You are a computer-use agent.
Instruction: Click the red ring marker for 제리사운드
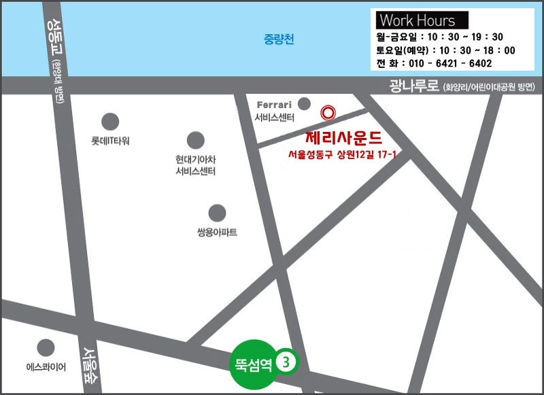(x=328, y=112)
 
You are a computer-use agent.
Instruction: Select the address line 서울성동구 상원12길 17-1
(x=342, y=156)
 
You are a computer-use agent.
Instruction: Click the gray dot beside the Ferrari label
(x=304, y=104)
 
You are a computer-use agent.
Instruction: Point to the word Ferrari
(x=275, y=105)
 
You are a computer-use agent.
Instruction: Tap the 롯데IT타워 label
(x=110, y=141)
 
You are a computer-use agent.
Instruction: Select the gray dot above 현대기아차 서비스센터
(x=196, y=140)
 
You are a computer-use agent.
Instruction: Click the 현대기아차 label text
(x=195, y=160)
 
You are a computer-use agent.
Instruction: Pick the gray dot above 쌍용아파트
(x=217, y=213)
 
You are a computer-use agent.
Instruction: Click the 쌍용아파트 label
(x=217, y=233)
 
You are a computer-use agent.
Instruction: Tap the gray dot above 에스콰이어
(x=46, y=347)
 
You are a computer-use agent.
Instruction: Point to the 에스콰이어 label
(x=46, y=367)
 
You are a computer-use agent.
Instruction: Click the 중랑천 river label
(x=279, y=39)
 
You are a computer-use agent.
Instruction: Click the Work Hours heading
(x=418, y=20)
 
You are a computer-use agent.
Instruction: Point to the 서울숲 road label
(x=90, y=365)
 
